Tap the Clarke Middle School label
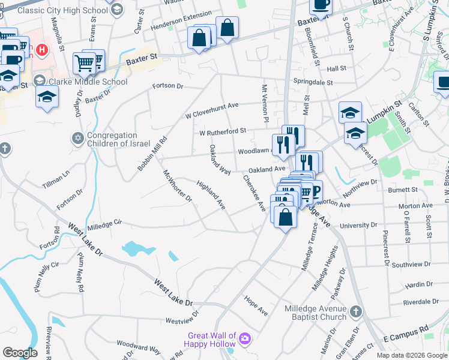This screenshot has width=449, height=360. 88,82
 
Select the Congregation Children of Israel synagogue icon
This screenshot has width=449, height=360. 77,138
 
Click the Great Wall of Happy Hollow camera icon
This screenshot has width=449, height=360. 244,340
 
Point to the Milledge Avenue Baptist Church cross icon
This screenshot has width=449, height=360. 356,312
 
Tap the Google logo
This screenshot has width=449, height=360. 20,352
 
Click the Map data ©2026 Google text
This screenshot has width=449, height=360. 411,355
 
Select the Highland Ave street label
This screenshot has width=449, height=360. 211,195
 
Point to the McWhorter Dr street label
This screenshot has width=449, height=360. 177,185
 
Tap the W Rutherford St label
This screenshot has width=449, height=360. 223,131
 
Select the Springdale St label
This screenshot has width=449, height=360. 313,81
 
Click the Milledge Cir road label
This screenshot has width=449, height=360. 104,225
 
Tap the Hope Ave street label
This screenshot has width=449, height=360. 256,304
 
